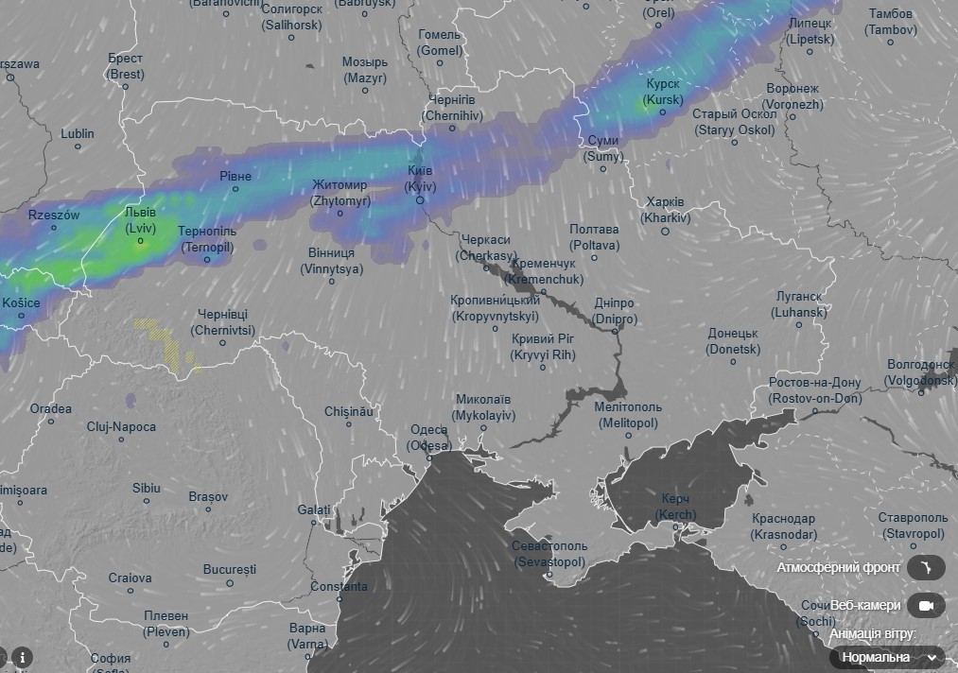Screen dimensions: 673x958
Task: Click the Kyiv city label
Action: (x=420, y=179)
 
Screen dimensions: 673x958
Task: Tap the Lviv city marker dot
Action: (x=141, y=242)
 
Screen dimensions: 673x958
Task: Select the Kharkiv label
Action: (x=666, y=210)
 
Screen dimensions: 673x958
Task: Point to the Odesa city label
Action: (x=429, y=438)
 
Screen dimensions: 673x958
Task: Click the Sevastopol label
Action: (x=549, y=554)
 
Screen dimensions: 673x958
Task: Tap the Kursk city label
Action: (x=662, y=92)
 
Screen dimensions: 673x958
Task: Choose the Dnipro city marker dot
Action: (x=616, y=331)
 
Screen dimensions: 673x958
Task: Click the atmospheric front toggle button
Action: (x=925, y=567)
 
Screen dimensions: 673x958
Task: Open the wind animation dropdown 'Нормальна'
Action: (x=887, y=657)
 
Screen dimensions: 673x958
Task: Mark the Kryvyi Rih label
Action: (x=543, y=347)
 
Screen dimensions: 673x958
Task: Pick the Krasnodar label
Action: (x=784, y=526)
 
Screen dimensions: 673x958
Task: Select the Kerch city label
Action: (x=675, y=507)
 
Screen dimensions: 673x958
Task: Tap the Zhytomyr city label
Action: (x=340, y=193)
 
